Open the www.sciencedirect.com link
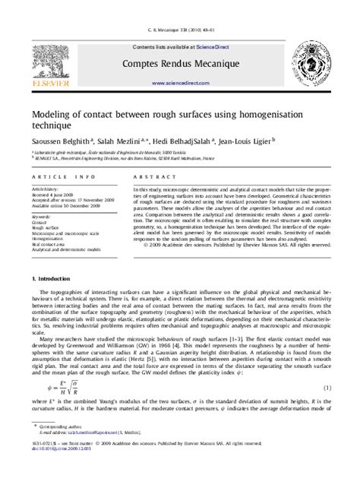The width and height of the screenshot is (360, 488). [179, 83]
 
